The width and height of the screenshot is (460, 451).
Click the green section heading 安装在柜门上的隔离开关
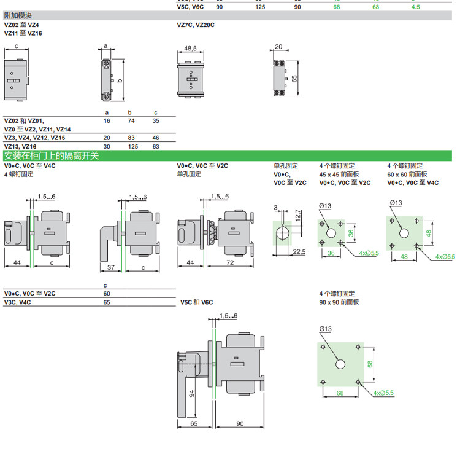point(52,156)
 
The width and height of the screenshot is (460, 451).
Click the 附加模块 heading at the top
point(19,15)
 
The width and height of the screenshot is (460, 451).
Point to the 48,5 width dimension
point(190,47)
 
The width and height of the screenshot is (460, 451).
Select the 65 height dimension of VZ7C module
point(295,79)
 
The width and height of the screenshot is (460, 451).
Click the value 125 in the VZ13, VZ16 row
point(129,147)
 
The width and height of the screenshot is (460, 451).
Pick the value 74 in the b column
point(129,121)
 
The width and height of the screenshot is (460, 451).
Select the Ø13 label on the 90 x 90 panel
point(324,329)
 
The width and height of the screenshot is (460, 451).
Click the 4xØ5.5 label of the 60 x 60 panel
point(445,256)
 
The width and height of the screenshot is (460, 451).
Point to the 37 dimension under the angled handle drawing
point(110,267)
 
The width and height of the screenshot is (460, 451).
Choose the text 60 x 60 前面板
point(407,174)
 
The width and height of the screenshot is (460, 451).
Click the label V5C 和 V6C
point(196,302)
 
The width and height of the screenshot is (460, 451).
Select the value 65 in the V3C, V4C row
point(107,302)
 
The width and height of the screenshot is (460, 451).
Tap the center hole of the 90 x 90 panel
point(339,364)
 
